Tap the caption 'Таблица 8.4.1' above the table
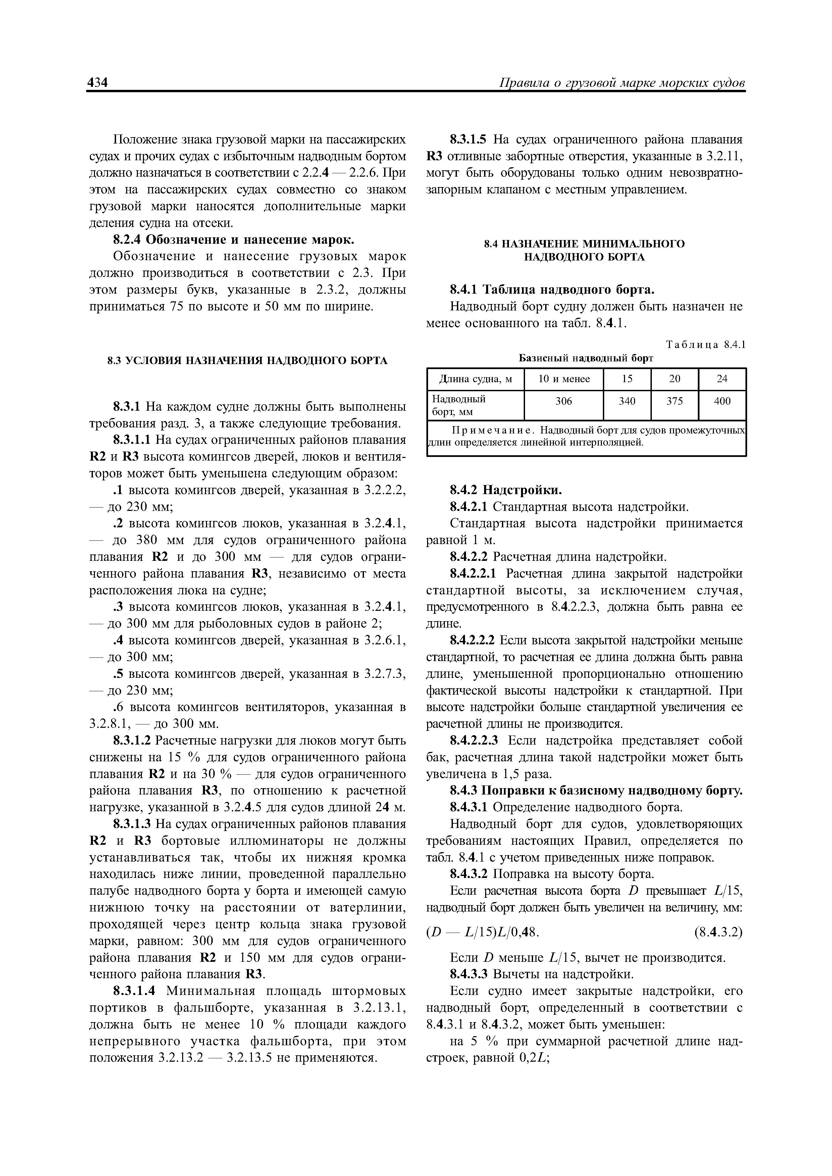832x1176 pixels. tap(705, 345)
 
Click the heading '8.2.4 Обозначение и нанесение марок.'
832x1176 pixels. tap(234, 240)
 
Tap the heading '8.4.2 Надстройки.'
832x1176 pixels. tap(506, 490)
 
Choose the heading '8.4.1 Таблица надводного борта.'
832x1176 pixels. tap(552, 290)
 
